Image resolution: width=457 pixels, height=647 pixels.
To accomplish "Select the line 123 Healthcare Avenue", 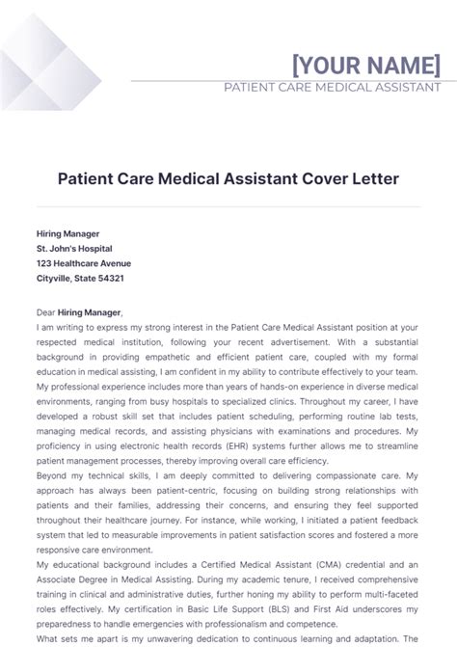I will tap(84, 263).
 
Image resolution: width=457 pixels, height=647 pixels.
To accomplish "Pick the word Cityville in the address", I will tap(55, 278).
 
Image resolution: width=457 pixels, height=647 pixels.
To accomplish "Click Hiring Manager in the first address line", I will tap(67, 233).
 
